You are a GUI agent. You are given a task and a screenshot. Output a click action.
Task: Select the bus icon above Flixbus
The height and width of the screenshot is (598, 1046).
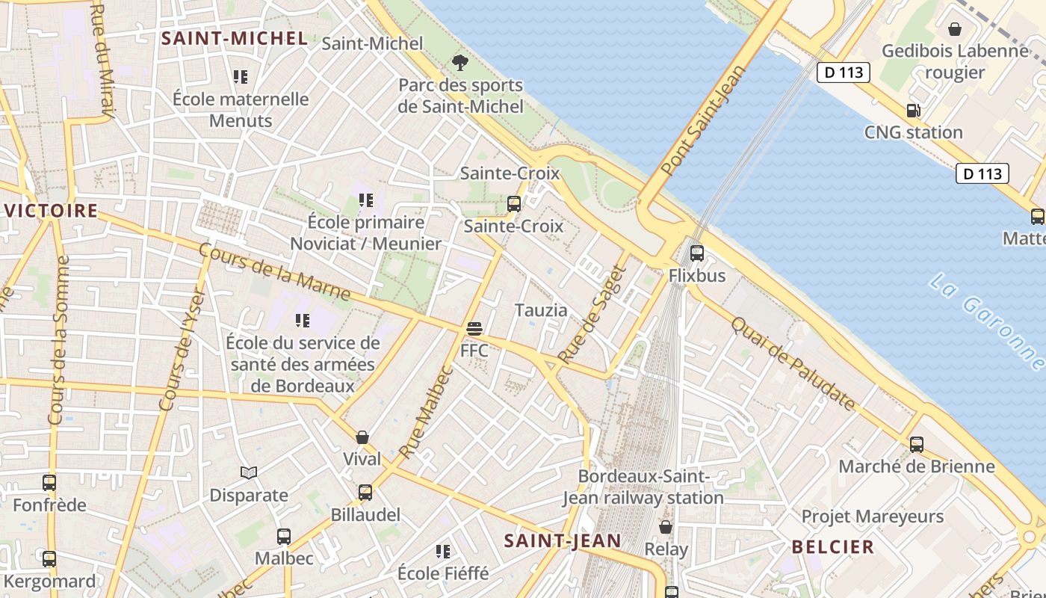click(697, 253)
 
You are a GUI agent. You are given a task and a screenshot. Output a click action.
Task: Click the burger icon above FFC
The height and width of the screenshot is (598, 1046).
click(474, 328)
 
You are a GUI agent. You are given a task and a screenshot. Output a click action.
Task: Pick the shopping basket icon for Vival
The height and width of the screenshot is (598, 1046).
click(362, 437)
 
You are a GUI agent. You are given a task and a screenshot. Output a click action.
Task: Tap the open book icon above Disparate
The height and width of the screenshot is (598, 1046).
click(249, 472)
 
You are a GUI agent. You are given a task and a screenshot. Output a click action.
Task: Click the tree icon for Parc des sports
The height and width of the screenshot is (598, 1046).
click(460, 63)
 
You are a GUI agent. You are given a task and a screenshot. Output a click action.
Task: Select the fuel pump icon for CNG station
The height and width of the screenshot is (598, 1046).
click(913, 111)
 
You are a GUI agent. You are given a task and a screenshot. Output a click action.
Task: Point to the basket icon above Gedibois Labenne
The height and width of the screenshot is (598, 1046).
click(955, 29)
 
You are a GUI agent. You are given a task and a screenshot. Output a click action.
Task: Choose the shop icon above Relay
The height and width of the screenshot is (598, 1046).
click(666, 527)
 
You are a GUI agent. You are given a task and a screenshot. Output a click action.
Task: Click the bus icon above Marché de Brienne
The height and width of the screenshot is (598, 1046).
click(917, 444)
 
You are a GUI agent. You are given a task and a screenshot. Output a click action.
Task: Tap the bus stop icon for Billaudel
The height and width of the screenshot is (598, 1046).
click(365, 493)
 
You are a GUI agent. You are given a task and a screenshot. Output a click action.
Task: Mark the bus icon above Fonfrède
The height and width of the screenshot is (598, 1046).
click(49, 483)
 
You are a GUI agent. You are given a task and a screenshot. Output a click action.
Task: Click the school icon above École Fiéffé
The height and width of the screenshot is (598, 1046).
click(443, 552)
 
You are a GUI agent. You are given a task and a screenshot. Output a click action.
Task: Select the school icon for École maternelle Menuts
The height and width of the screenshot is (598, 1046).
click(240, 76)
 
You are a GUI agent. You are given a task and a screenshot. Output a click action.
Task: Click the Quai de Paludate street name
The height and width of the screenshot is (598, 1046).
click(793, 364)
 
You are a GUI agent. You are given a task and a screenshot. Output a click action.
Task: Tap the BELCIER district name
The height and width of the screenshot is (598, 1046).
click(833, 547)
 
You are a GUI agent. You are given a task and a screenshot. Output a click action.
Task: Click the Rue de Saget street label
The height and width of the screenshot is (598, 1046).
click(591, 315)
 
